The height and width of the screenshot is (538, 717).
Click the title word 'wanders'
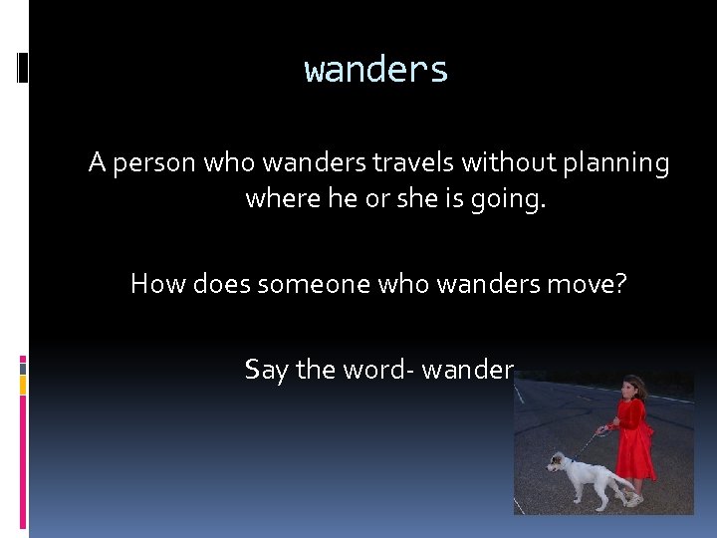(376, 71)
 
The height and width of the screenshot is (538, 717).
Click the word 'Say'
(266, 371)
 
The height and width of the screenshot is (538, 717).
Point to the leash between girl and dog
(596, 437)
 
